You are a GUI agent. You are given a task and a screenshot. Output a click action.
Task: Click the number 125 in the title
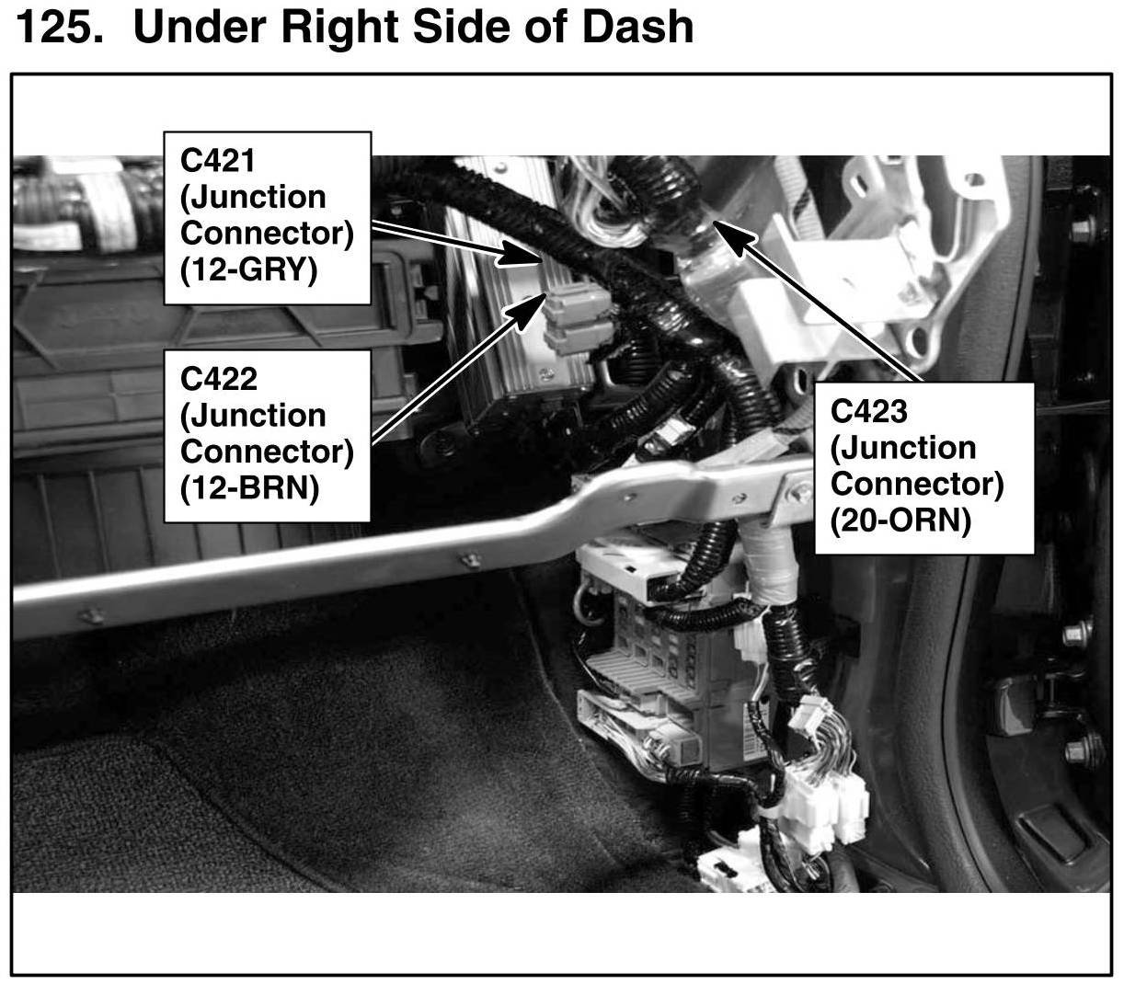(57, 27)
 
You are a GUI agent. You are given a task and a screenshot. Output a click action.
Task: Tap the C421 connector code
(218, 161)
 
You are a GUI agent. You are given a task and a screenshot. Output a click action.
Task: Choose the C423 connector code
(868, 411)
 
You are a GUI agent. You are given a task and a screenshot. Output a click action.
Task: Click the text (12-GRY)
(248, 270)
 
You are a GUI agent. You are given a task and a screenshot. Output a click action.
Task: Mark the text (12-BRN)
(249, 487)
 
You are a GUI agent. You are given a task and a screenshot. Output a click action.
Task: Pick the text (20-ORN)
(900, 521)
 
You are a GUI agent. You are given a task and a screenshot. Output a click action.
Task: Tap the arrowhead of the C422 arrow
(530, 308)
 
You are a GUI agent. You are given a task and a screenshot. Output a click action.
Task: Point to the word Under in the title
(198, 27)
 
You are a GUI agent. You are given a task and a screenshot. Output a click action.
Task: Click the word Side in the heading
(465, 27)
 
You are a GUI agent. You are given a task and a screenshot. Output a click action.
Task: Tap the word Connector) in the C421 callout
(267, 234)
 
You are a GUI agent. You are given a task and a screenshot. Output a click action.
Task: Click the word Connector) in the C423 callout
(916, 485)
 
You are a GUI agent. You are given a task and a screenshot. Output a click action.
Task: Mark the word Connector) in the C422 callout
(267, 452)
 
